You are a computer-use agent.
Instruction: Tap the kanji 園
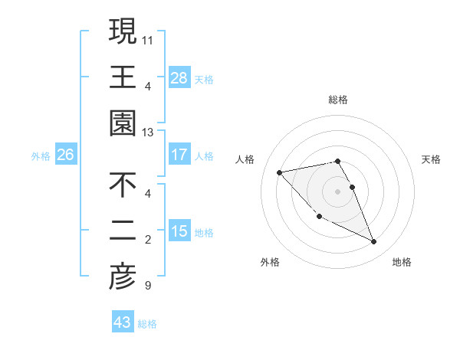pos(123,124)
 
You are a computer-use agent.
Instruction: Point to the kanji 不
pos(123,185)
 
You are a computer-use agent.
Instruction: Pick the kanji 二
pos(123,231)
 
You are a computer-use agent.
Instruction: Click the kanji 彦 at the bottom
pos(123,278)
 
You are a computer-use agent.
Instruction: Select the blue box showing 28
pos(179,77)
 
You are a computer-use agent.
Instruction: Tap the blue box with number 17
pos(179,155)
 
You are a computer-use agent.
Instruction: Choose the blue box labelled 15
pos(179,231)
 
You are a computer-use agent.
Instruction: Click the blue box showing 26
pos(65,155)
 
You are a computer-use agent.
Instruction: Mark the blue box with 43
pos(122,322)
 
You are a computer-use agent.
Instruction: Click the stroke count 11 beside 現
pos(148,39)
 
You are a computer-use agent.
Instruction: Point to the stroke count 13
pos(148,133)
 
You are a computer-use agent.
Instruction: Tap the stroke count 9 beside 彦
pos(147,286)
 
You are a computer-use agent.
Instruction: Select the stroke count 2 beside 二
pos(147,240)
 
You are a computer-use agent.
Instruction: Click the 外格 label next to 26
pos(41,156)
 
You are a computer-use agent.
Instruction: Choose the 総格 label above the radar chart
pos(338,100)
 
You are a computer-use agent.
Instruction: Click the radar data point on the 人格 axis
pos(279,172)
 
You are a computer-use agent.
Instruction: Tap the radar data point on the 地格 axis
pos(374,242)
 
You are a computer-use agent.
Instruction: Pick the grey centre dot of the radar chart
pos(338,191)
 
